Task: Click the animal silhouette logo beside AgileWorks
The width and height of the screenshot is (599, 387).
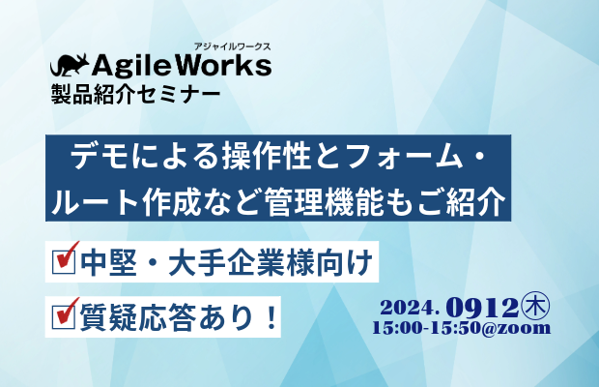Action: point(70,65)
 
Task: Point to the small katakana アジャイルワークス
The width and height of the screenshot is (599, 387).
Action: point(232,46)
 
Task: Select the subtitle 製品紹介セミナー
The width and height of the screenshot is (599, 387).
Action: point(135,94)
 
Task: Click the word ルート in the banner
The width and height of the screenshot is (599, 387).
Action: point(95,201)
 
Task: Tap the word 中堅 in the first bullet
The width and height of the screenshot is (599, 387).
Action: point(108,262)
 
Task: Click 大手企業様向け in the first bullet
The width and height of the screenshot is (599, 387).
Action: point(271,262)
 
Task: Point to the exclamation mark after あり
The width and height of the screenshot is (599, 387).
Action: point(272,317)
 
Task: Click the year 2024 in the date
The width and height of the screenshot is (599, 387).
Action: point(408,308)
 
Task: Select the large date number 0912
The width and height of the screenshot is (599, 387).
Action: point(482,307)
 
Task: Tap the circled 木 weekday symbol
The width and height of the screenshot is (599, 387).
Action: point(535,306)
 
